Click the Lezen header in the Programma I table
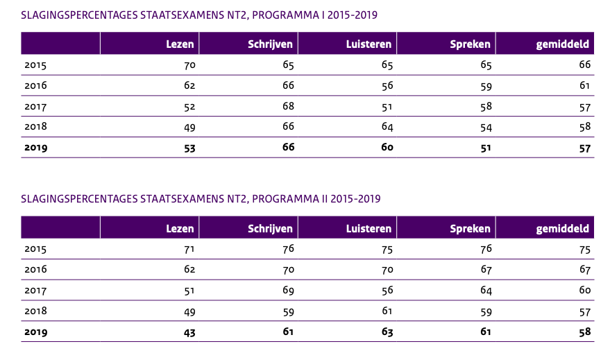pyautogui.click(x=180, y=44)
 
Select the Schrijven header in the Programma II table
pyautogui.click(x=270, y=228)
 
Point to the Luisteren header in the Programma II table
pyautogui.click(x=368, y=228)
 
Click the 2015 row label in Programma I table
pyautogui.click(x=35, y=65)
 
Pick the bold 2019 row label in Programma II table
pyautogui.click(x=35, y=332)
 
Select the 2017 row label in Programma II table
pyautogui.click(x=35, y=291)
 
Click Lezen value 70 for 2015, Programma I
pyautogui.click(x=189, y=65)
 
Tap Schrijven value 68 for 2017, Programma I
pyautogui.click(x=288, y=106)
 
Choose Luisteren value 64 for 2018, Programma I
pyautogui.click(x=387, y=127)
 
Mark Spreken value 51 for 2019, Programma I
pyautogui.click(x=485, y=147)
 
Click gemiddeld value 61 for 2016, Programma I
pyautogui.click(x=584, y=86)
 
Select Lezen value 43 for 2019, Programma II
pyautogui.click(x=189, y=332)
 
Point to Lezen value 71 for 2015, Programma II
pyautogui.click(x=189, y=249)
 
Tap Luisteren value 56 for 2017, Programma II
pyautogui.click(x=387, y=291)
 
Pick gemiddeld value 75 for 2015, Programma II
pyautogui.click(x=584, y=249)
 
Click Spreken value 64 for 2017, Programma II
pyautogui.click(x=485, y=291)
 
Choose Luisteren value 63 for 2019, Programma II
pyautogui.click(x=387, y=332)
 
